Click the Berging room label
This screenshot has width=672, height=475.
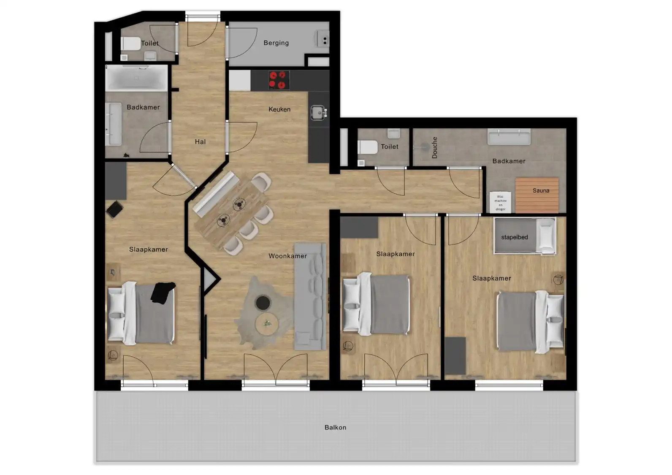276,43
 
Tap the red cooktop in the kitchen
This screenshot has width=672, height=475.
279,80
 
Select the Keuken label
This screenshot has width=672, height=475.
279,109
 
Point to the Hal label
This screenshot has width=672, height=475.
200,142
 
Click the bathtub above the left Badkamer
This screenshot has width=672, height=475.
136,78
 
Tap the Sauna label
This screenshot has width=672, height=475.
541,191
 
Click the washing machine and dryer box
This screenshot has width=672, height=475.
500,203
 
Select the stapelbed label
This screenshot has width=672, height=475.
514,237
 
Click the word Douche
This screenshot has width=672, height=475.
435,147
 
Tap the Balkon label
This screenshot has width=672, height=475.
335,427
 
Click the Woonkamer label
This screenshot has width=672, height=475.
287,256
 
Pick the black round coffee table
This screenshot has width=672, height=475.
263,302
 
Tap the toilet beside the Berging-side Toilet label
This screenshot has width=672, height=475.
131,43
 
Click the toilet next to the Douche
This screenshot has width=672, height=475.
367,147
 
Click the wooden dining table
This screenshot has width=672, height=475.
230,212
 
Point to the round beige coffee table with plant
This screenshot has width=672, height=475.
267,324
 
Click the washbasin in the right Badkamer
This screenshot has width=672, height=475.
509,137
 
